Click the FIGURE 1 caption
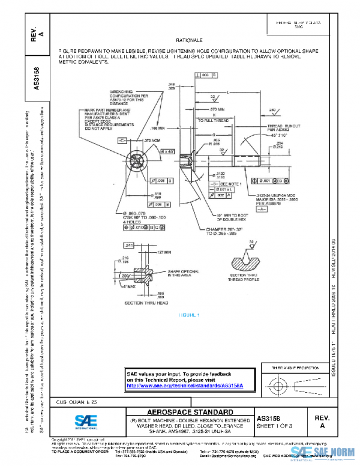188,315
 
